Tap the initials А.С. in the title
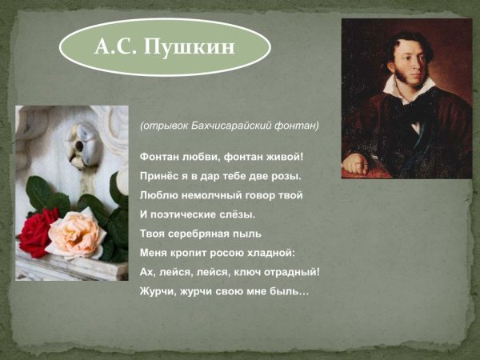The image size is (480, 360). pos(115,47)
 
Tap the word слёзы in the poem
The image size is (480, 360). pos(237,214)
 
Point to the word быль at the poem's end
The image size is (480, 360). pos(291,292)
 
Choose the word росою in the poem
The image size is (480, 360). pos(227,253)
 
